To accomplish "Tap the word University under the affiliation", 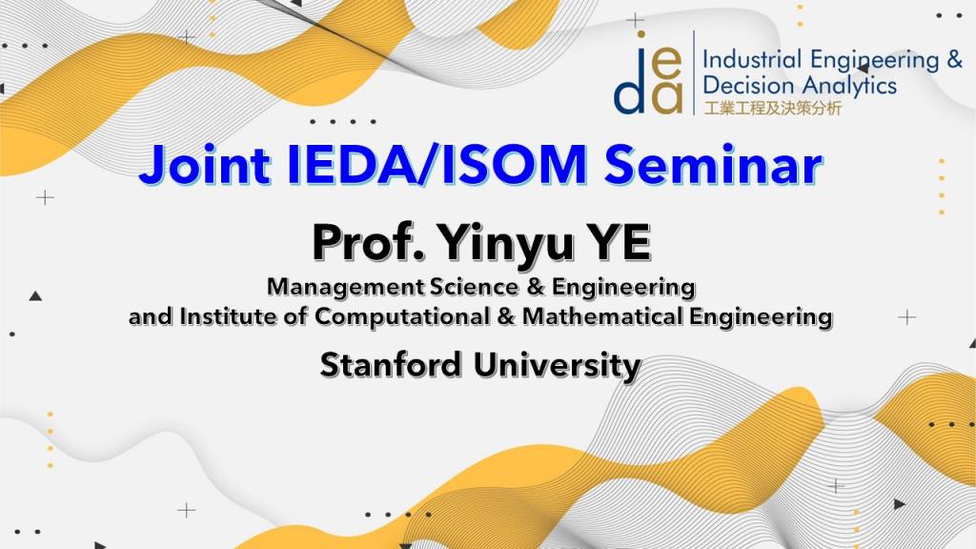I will click(562, 364).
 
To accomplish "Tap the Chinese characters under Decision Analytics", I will click(772, 109).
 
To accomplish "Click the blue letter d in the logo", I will click(631, 92).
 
